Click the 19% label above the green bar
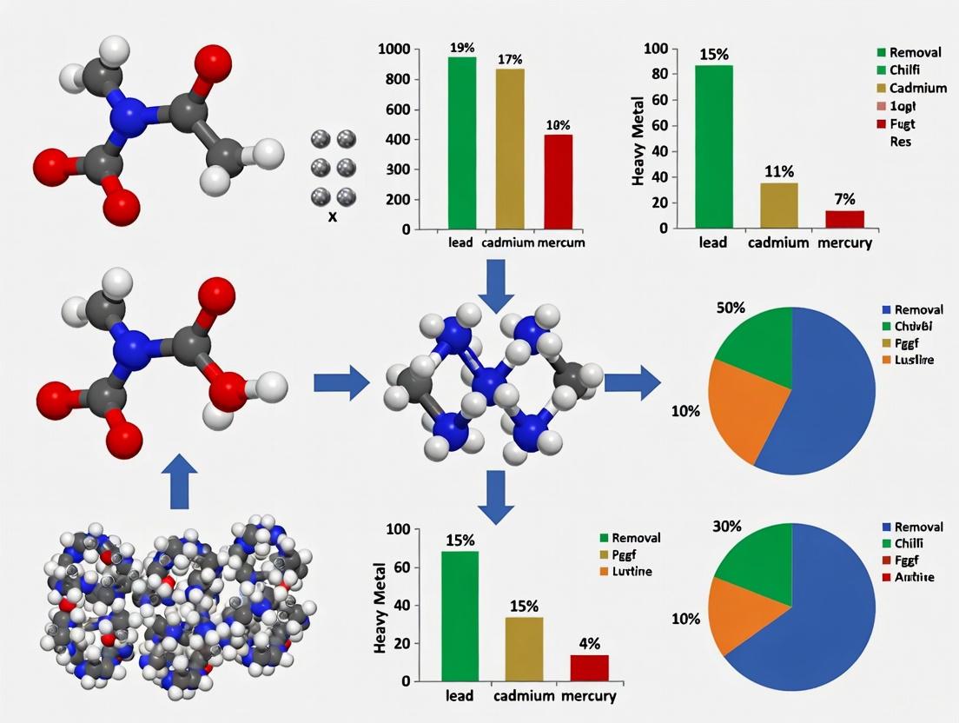462,48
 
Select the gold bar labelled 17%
510,149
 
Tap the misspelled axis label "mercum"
561,243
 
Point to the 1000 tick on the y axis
396,50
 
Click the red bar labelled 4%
589,667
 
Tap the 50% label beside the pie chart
730,308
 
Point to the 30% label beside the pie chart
727,526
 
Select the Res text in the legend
901,142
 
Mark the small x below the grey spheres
332,216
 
